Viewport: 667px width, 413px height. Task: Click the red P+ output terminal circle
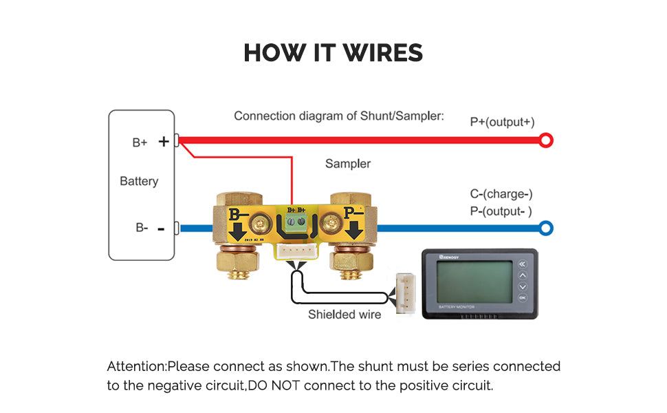(x=546, y=141)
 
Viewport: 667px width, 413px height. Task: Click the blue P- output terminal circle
(x=546, y=228)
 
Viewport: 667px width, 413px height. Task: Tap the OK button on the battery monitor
(x=522, y=298)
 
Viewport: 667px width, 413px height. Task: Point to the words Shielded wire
(x=344, y=315)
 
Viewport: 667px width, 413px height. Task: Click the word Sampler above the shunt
(x=348, y=164)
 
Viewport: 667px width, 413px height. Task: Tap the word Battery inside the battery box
(x=139, y=182)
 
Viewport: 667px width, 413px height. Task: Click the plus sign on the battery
(x=164, y=142)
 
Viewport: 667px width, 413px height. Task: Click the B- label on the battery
(x=142, y=228)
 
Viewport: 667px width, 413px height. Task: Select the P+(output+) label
(x=502, y=122)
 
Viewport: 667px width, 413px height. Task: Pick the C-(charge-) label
(x=501, y=195)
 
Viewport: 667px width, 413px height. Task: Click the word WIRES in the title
(x=380, y=53)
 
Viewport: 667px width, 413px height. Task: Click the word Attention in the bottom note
(x=136, y=366)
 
